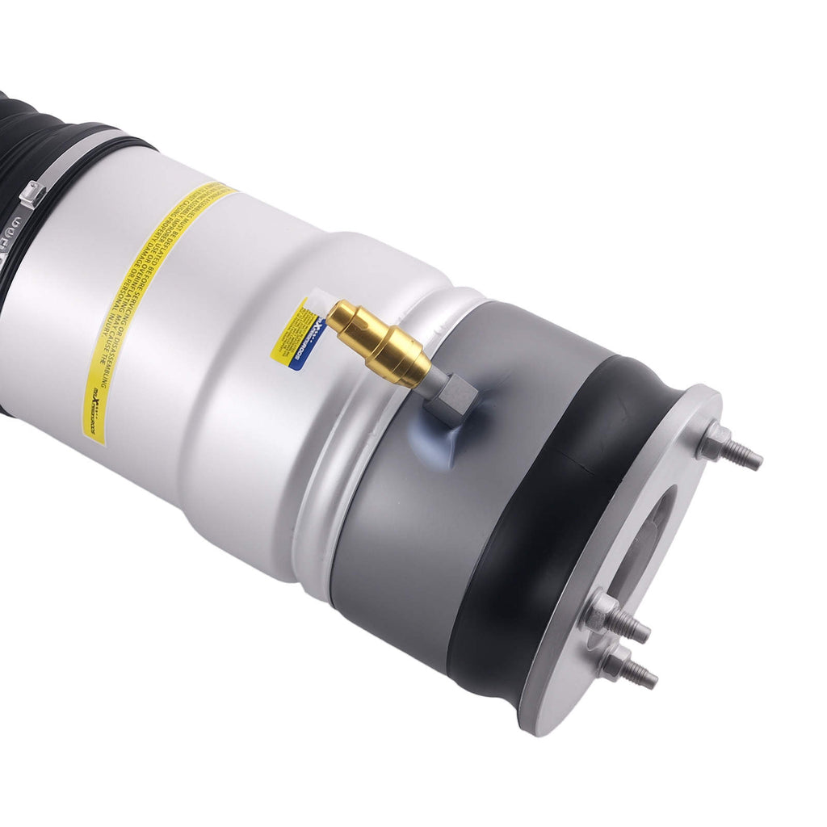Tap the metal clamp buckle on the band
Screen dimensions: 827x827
(x=32, y=195)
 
